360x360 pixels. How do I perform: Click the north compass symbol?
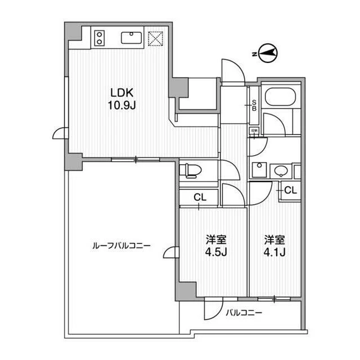pyautogui.click(x=268, y=54)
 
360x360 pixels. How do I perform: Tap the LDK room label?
pyautogui.click(x=120, y=93)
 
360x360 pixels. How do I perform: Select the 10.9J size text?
pyautogui.click(x=120, y=105)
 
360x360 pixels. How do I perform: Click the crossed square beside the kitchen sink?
pyautogui.click(x=155, y=38)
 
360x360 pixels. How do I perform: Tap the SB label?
pyautogui.click(x=254, y=106)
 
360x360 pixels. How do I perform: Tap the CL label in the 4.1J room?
pyautogui.click(x=290, y=190)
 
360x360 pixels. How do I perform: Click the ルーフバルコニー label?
pyautogui.click(x=121, y=246)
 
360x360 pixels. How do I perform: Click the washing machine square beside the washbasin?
pyautogui.click(x=259, y=169)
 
